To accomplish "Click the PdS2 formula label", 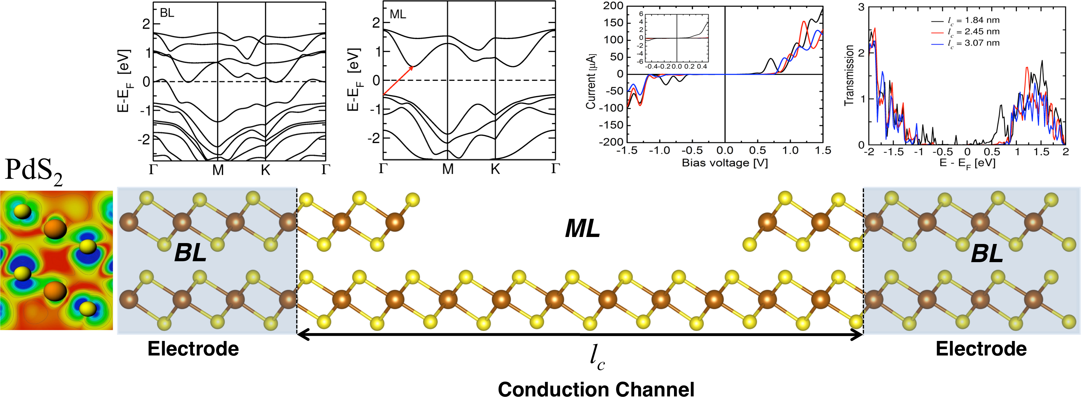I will point(34,171).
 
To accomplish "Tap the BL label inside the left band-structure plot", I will point(167,13).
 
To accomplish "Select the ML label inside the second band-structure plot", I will point(398,15).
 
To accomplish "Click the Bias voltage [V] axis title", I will point(725,163).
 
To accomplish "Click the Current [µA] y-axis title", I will point(591,81).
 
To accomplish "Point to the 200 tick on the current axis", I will point(613,6).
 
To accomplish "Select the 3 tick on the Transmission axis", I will point(861,7).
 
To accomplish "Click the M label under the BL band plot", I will point(218,169).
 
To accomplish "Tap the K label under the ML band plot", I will point(495,169).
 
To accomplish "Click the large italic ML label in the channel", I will point(582,229).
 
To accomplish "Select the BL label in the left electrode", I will point(190,253).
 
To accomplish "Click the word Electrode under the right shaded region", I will point(981,349).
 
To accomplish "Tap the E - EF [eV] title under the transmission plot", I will point(967,163).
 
